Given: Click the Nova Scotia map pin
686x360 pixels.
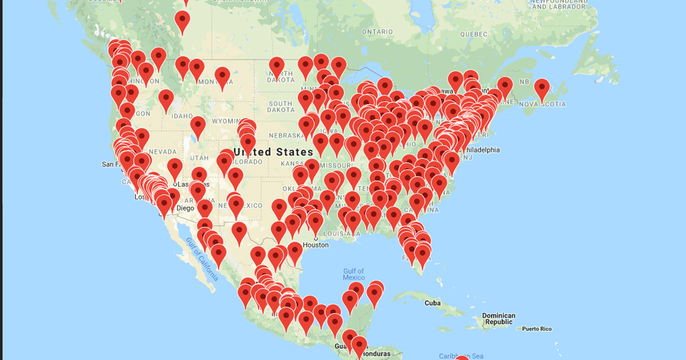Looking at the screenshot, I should click(541, 89).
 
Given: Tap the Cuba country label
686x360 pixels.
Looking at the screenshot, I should click(433, 303).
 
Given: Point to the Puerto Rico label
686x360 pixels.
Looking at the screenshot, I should click(537, 329).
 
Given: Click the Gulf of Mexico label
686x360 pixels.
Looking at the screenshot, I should click(353, 274).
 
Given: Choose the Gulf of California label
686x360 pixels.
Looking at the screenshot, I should click(202, 259).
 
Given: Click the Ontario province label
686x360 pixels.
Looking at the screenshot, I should click(377, 31).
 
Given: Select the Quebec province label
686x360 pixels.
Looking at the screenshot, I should click(473, 34).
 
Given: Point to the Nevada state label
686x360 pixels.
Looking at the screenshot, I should click(163, 152).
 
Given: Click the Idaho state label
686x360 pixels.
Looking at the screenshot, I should click(183, 116).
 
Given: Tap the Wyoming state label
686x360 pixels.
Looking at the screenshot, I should click(225, 121).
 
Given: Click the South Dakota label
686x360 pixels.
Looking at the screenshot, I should click(281, 106).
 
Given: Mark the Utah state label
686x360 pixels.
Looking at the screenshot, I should click(200, 158).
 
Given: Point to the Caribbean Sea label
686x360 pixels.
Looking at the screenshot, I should click(461, 356).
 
